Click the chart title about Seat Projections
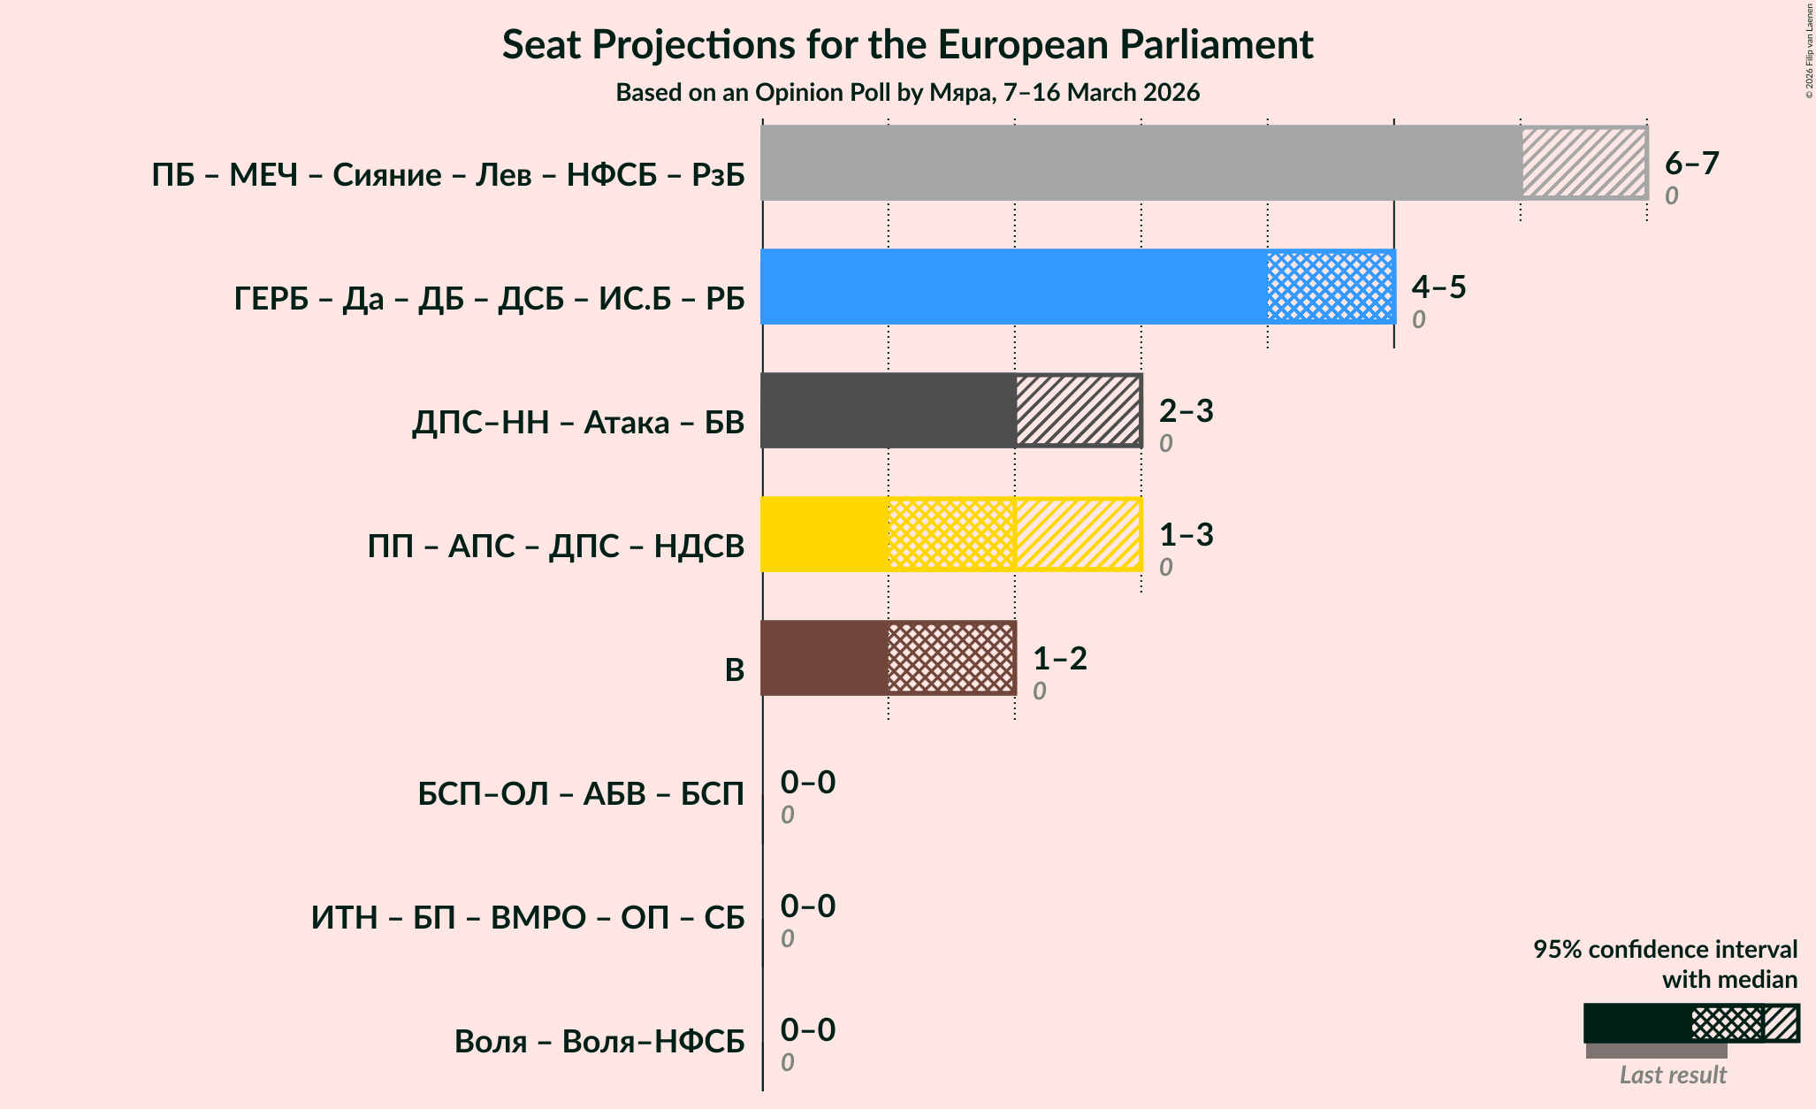907,45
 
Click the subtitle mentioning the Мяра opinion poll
907,93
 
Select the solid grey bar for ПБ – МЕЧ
1141,163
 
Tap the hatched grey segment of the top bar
1583,163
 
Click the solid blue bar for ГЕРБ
1014,287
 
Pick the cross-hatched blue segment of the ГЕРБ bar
1331,287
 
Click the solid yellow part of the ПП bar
825,534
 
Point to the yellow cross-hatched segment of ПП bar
951,534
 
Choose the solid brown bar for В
825,658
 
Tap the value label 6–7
1691,164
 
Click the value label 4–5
1438,287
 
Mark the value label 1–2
1059,659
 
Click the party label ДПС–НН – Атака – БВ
578,423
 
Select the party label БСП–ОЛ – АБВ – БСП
581,794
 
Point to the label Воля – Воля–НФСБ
599,1042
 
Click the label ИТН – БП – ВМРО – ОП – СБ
528,918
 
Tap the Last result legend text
1672,1075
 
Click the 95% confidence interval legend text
1665,964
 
